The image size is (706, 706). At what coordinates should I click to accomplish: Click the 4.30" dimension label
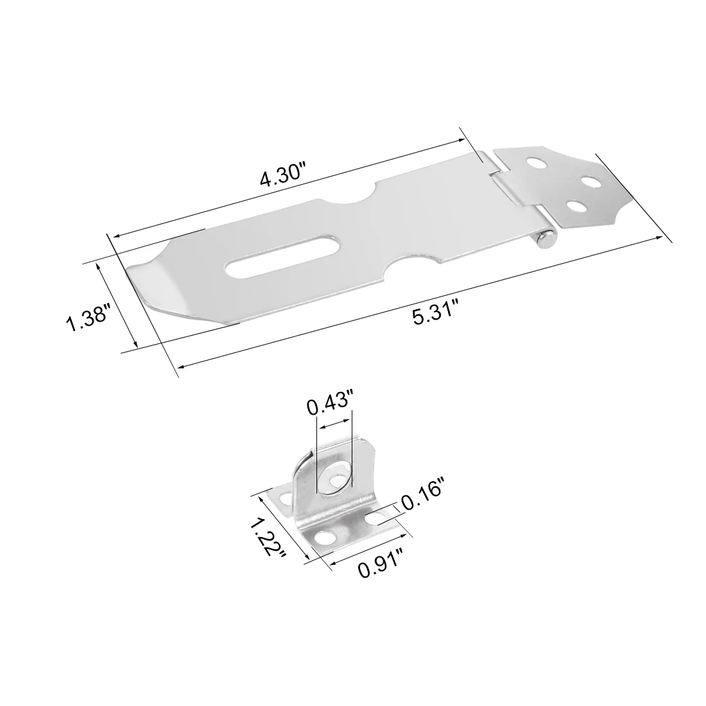point(283,175)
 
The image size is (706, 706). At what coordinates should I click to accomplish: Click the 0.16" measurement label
point(422,497)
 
